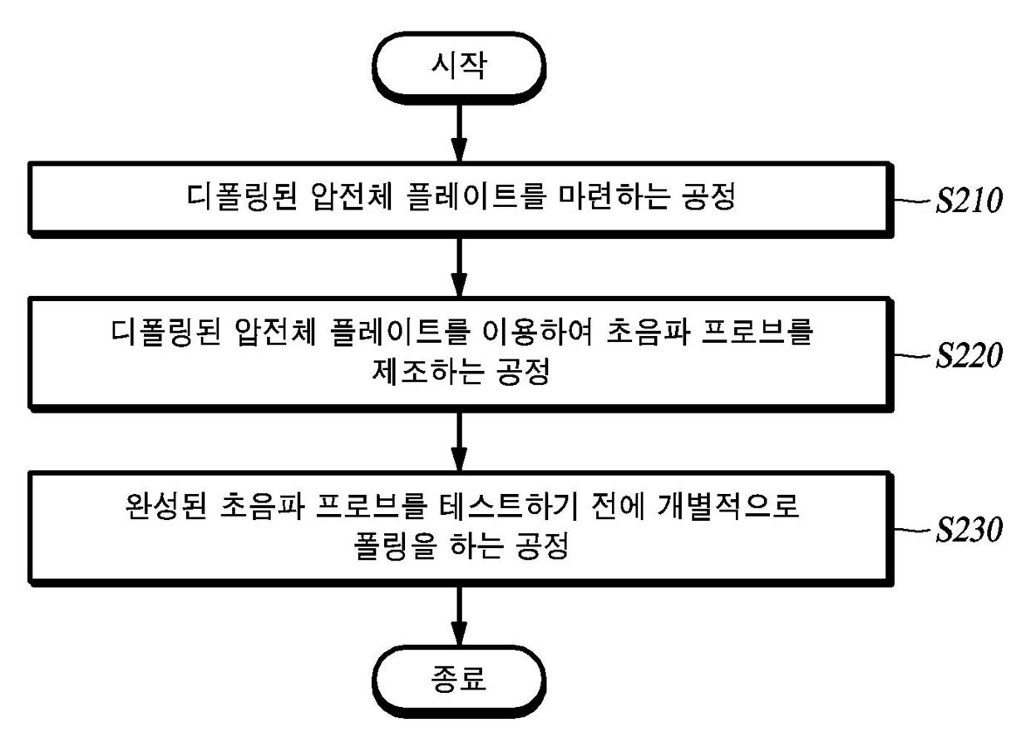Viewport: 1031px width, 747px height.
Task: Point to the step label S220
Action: point(969,356)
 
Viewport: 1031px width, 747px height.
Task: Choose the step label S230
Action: point(969,530)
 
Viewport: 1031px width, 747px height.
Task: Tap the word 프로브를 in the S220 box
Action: point(769,333)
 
